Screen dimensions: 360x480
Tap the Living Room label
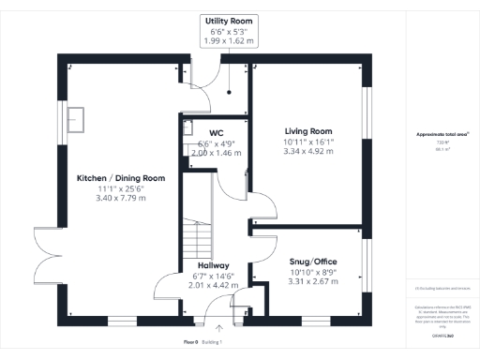point(308,131)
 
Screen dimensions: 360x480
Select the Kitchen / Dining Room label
point(122,177)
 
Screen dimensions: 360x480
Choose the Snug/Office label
point(312,261)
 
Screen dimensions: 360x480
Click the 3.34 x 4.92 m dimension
point(308,150)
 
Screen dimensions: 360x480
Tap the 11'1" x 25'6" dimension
point(122,188)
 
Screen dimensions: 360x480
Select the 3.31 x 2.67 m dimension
point(312,281)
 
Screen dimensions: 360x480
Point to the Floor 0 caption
point(190,342)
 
